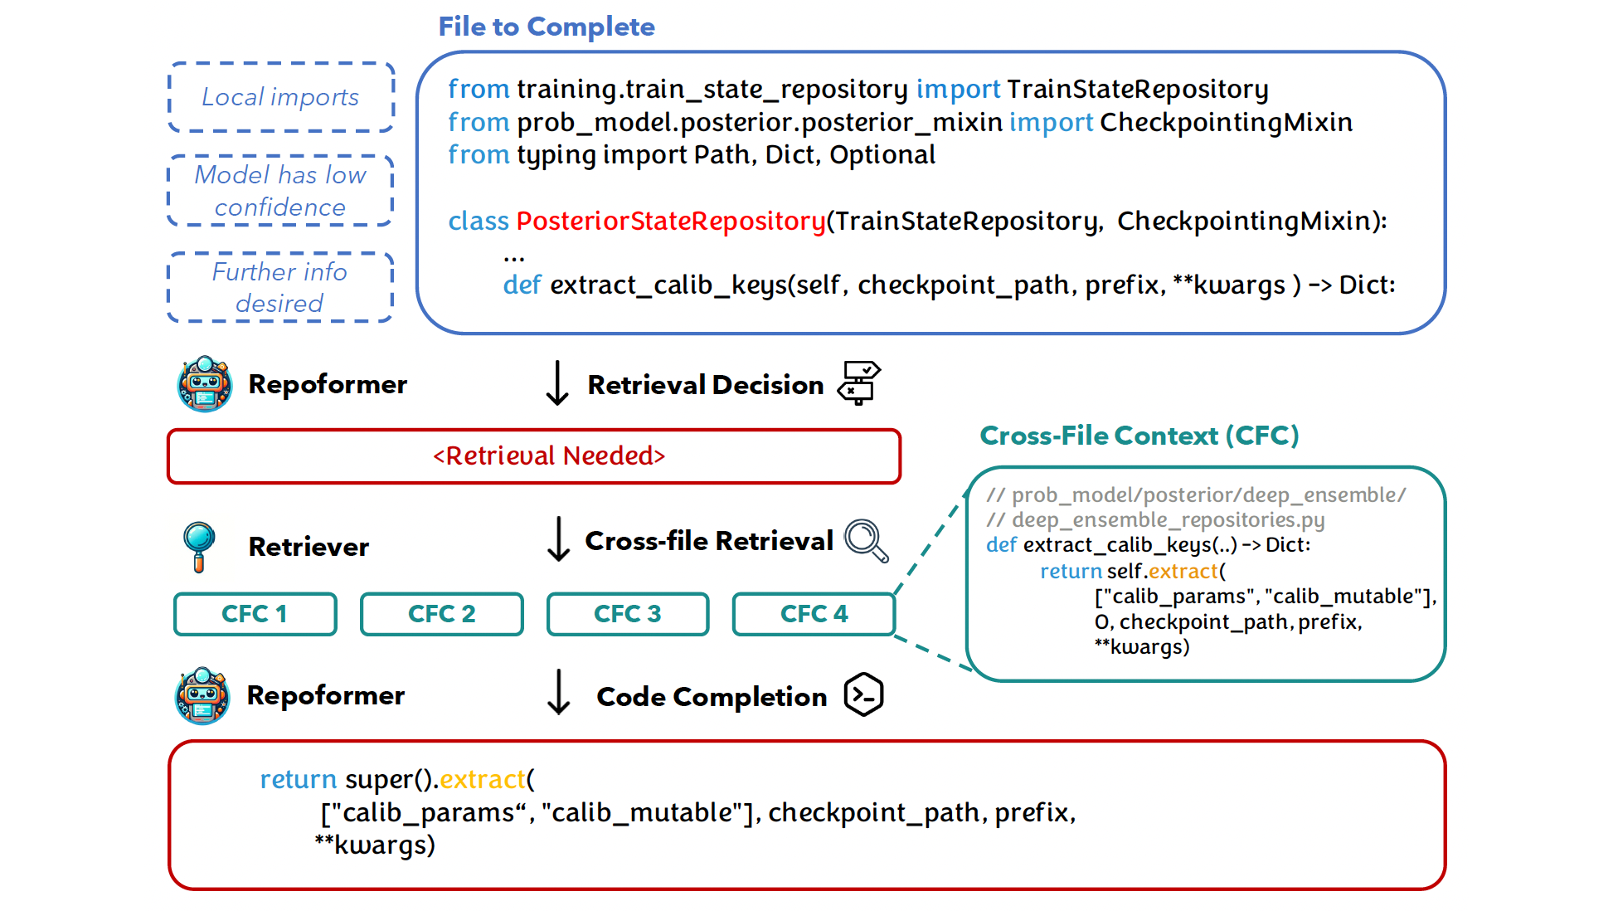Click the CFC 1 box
[x=255, y=614]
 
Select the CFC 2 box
[x=441, y=614]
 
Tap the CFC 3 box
[x=627, y=614]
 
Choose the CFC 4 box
[x=814, y=614]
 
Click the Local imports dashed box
[x=281, y=97]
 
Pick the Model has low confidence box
[x=280, y=191]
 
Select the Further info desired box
[x=280, y=287]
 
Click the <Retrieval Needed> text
[x=549, y=455]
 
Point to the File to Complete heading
[x=547, y=27]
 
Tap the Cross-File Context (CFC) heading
[x=1139, y=436]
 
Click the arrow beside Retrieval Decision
[x=557, y=383]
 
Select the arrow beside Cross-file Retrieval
[x=559, y=539]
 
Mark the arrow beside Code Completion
[x=559, y=693]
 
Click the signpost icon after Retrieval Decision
[x=859, y=382]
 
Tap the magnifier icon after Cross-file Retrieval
[x=866, y=541]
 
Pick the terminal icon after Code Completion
[x=863, y=694]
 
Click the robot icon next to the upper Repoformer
[x=204, y=384]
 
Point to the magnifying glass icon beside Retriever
[x=199, y=546]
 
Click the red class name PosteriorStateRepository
[x=670, y=221]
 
